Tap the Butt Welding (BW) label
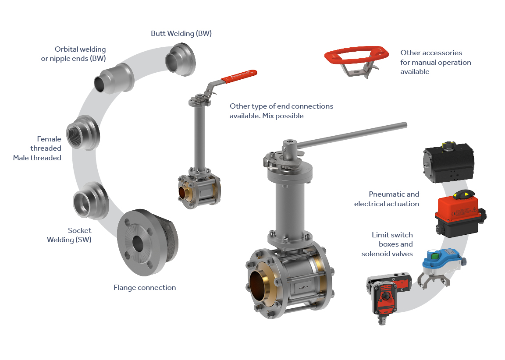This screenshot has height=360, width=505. point(181,33)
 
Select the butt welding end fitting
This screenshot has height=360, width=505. point(181,60)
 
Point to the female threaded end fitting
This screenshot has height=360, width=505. point(83,133)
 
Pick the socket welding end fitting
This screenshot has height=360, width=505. point(91,201)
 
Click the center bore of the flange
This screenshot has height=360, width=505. point(138,244)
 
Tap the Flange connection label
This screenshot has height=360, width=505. point(145,288)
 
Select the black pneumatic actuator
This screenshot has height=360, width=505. point(448,162)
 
